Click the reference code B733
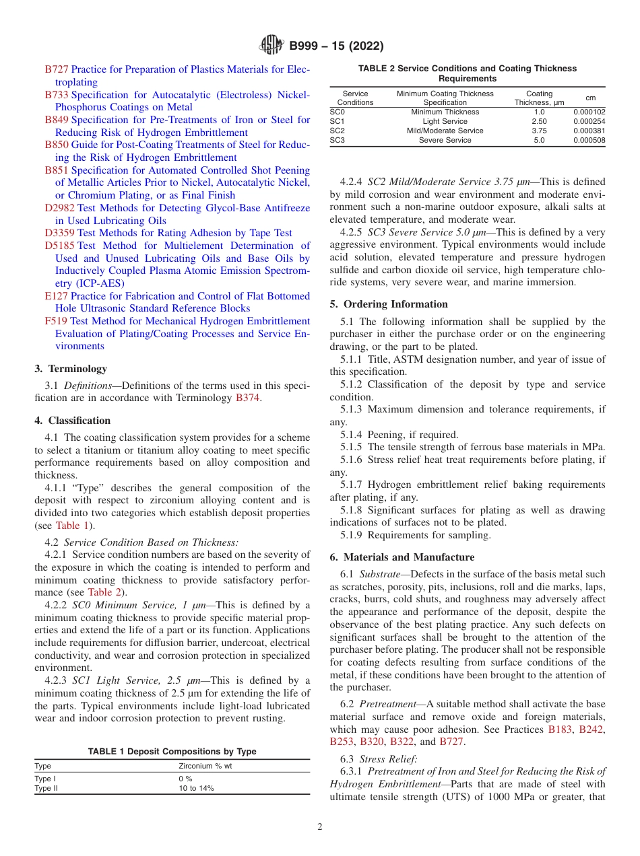pyautogui.click(x=57, y=95)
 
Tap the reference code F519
pyautogui.click(x=56, y=321)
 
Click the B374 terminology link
pyautogui.click(x=247, y=398)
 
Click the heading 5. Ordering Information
pyautogui.click(x=389, y=304)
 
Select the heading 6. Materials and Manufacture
pyautogui.click(x=402, y=557)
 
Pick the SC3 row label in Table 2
pyautogui.click(x=337, y=140)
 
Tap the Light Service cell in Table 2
pyautogui.click(x=445, y=121)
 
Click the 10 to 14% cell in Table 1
pyautogui.click(x=196, y=788)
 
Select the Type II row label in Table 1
pyautogui.click(x=46, y=788)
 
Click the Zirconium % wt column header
pyautogui.click(x=205, y=766)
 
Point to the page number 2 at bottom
pyautogui.click(x=320, y=827)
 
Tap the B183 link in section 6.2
pyautogui.click(x=560, y=729)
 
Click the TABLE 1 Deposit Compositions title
pyautogui.click(x=172, y=751)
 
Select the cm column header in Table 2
pyautogui.click(x=590, y=98)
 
